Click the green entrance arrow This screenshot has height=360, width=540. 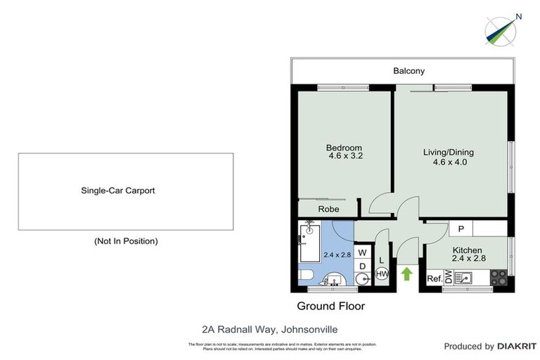tap(406, 274)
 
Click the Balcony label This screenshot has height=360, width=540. tap(409, 71)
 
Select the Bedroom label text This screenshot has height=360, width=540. tap(344, 148)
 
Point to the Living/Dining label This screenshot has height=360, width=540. tap(448, 152)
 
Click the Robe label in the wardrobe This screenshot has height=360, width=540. tap(329, 210)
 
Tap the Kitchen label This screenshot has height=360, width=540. tap(466, 250)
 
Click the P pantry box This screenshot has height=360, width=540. tap(461, 229)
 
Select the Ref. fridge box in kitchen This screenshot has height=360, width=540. tap(435, 279)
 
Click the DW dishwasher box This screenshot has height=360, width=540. tap(448, 277)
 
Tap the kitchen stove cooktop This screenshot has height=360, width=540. tap(498, 277)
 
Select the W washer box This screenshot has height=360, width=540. tap(362, 252)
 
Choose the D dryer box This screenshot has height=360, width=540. tap(362, 266)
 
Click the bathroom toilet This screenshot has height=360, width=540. tap(309, 275)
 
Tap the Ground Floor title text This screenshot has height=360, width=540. tap(330, 306)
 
